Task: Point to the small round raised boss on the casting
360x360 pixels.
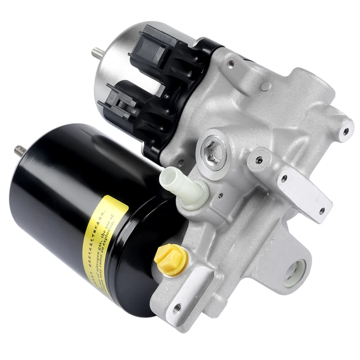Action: (x=266, y=86)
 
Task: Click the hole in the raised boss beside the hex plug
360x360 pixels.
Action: (x=259, y=160)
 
